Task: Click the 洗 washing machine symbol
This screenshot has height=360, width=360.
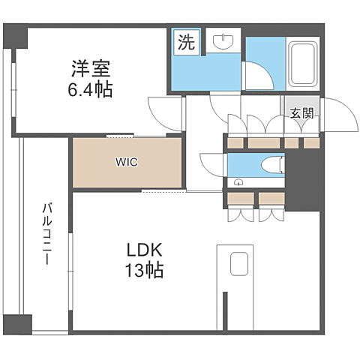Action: [187, 42]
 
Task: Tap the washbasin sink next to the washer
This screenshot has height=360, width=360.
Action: [223, 42]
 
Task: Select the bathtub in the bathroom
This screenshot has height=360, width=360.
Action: [303, 64]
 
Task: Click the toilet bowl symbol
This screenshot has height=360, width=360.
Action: [273, 165]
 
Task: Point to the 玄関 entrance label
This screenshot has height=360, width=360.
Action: [301, 113]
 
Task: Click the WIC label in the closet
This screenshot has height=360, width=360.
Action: [127, 162]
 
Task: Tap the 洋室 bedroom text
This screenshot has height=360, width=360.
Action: [91, 68]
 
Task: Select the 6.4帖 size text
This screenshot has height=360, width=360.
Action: [90, 89]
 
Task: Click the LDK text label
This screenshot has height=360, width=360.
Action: [145, 250]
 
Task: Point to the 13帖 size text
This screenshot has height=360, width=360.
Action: [144, 270]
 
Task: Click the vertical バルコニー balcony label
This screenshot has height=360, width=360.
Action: [46, 234]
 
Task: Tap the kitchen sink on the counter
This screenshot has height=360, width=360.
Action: [239, 263]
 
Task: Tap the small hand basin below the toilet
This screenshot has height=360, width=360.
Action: [238, 182]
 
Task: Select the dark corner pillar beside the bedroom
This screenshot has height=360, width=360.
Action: [15, 36]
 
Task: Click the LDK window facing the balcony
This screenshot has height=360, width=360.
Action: [71, 271]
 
